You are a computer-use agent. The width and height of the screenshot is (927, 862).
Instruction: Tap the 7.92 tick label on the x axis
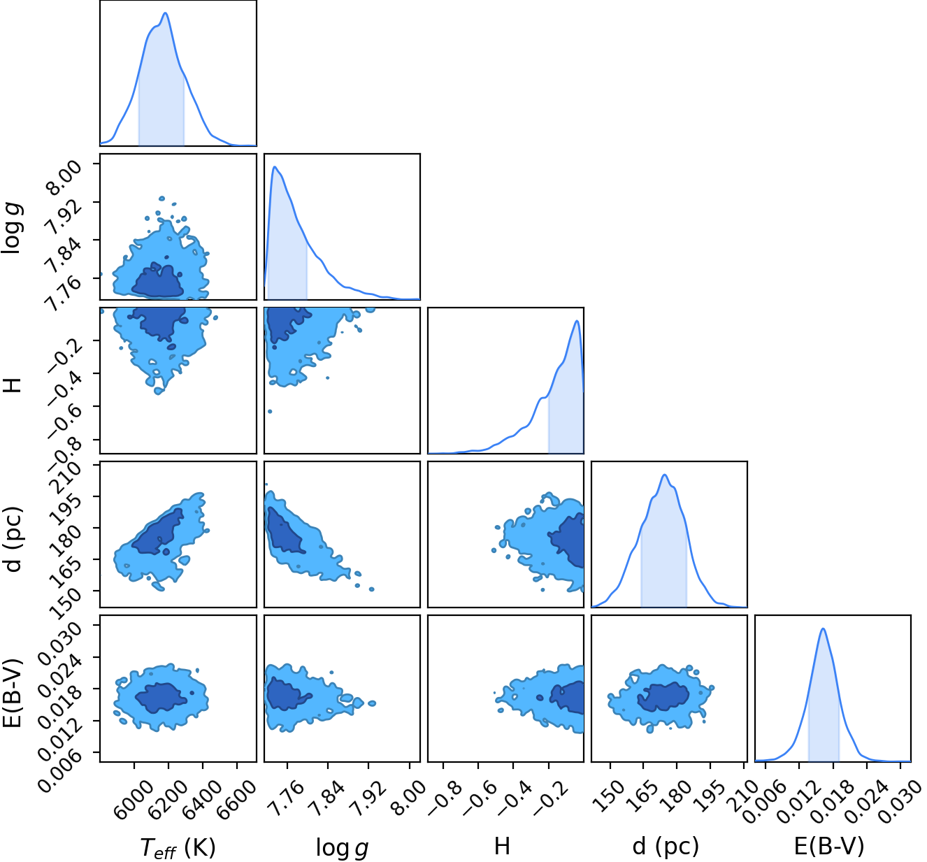click(x=367, y=798)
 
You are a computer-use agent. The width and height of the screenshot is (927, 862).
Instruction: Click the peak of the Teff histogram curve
click(x=165, y=13)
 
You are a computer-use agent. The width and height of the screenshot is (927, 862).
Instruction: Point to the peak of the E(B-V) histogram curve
click(x=824, y=628)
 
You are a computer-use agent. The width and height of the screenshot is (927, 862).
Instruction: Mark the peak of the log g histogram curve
click(x=275, y=166)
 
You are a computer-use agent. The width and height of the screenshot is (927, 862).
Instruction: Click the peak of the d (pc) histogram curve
click(x=664, y=475)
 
